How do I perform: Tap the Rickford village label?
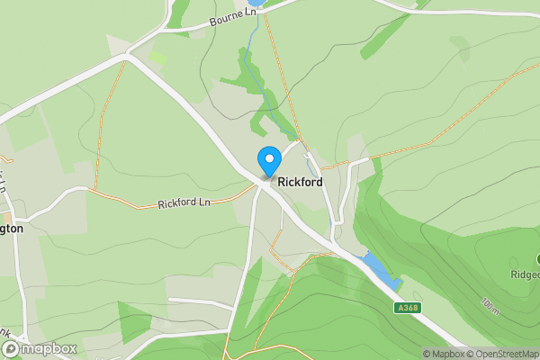pos(300,182)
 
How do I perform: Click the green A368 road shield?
pos(408,308)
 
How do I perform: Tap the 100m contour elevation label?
pos(490,305)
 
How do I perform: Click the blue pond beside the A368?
pos(379,269)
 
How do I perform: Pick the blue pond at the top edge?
pos(256,3)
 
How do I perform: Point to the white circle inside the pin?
pos(268,157)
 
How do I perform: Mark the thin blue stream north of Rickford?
pos(255,54)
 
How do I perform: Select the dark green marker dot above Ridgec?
pos(537,259)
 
